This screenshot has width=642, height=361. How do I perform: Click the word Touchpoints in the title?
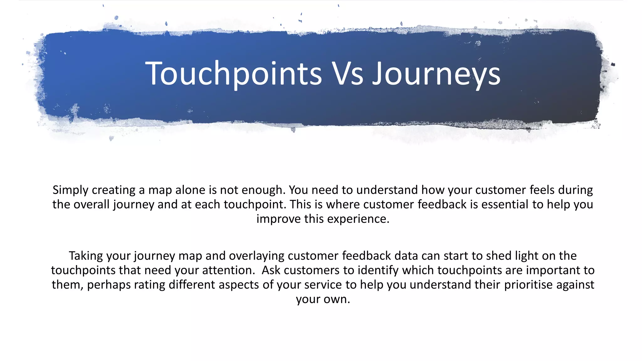pyautogui.click(x=234, y=74)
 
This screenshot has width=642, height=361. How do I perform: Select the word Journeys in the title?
pyautogui.click(x=436, y=74)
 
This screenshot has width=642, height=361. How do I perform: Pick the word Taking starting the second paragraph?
pyautogui.click(x=86, y=256)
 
